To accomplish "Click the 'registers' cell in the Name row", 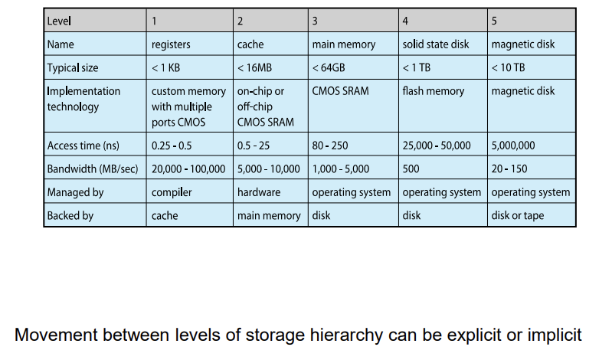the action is (171, 44).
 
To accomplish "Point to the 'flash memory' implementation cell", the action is (434, 91).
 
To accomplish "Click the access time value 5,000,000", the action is (513, 146).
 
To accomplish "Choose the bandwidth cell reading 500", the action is (411, 169).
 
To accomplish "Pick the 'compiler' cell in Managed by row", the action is (172, 192).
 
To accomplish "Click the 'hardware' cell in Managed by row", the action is (259, 192).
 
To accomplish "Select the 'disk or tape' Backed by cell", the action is (518, 215).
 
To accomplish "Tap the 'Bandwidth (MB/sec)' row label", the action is (93, 169).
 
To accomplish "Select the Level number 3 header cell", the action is (315, 21).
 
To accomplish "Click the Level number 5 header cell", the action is (495, 21).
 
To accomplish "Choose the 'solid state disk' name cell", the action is (436, 44).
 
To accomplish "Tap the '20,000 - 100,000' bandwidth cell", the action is (188, 169).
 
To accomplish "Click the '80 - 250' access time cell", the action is (331, 146).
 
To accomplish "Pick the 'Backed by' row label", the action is (70, 215).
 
